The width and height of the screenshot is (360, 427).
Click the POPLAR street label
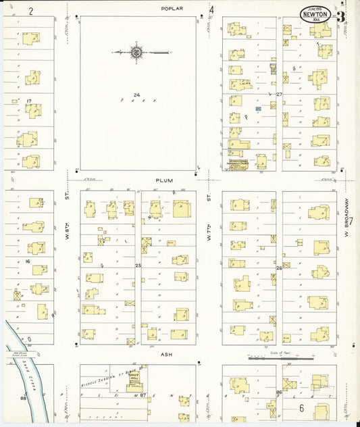[x=172, y=8]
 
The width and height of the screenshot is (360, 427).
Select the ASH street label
[x=168, y=353]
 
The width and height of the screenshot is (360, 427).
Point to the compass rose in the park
[x=137, y=52]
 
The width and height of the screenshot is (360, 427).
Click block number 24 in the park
[x=136, y=95]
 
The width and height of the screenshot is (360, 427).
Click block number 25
[x=138, y=266]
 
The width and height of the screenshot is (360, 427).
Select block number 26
[x=278, y=268]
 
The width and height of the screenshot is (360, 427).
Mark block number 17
[x=28, y=101]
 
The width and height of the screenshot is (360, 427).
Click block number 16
[x=28, y=260]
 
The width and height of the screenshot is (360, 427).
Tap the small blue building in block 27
[x=258, y=108]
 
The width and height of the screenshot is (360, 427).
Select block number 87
[x=143, y=395]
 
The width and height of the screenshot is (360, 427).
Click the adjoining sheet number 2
[x=30, y=11]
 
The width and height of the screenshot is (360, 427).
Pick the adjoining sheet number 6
[x=302, y=407]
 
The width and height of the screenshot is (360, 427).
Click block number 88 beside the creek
[x=23, y=399]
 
